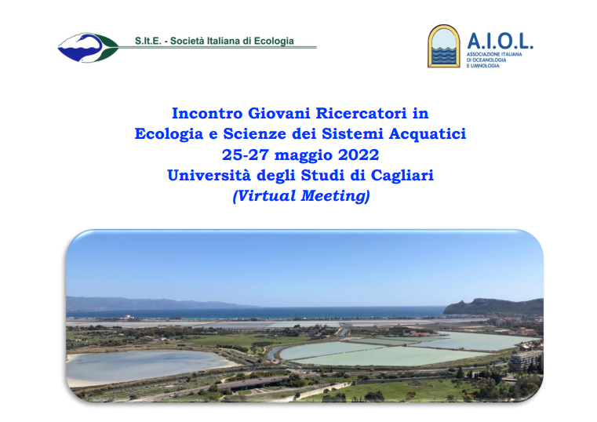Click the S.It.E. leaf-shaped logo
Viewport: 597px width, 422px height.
(89, 48)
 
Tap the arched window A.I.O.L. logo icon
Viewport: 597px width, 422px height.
(443, 46)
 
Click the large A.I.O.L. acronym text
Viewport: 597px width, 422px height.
(500, 41)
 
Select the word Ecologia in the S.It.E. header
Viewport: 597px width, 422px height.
(274, 42)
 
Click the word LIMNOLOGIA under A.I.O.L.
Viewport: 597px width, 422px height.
(486, 66)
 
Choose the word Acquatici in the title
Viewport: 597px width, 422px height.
(428, 134)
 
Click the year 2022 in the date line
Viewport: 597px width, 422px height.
(359, 155)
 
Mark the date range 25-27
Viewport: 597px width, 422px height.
(246, 155)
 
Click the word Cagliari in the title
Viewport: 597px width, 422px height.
(402, 176)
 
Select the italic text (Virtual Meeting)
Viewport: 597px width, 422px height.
(301, 196)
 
